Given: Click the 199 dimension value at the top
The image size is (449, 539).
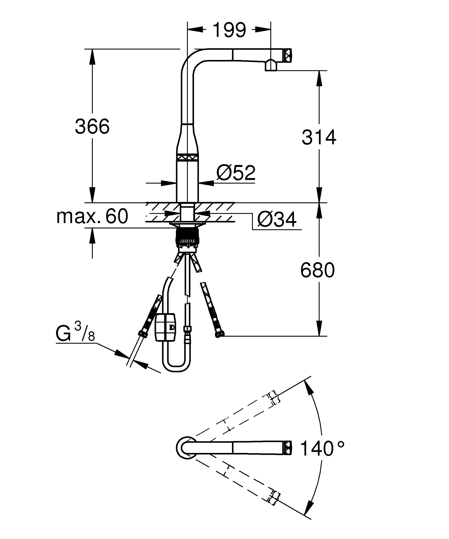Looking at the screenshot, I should [229, 30].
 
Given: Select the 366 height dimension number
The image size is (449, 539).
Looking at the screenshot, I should [92, 127].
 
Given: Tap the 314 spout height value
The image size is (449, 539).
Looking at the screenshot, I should [319, 138].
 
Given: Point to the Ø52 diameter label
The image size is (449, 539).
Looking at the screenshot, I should [236, 173].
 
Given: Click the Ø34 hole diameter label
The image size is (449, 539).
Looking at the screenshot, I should [277, 220].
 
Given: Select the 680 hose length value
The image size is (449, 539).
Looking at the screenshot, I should [317, 270].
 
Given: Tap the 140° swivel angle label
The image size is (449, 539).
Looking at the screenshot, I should [322, 448].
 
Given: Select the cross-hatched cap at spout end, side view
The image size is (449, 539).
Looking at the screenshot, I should [288, 55].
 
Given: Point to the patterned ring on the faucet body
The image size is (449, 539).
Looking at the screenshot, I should [187, 157].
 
